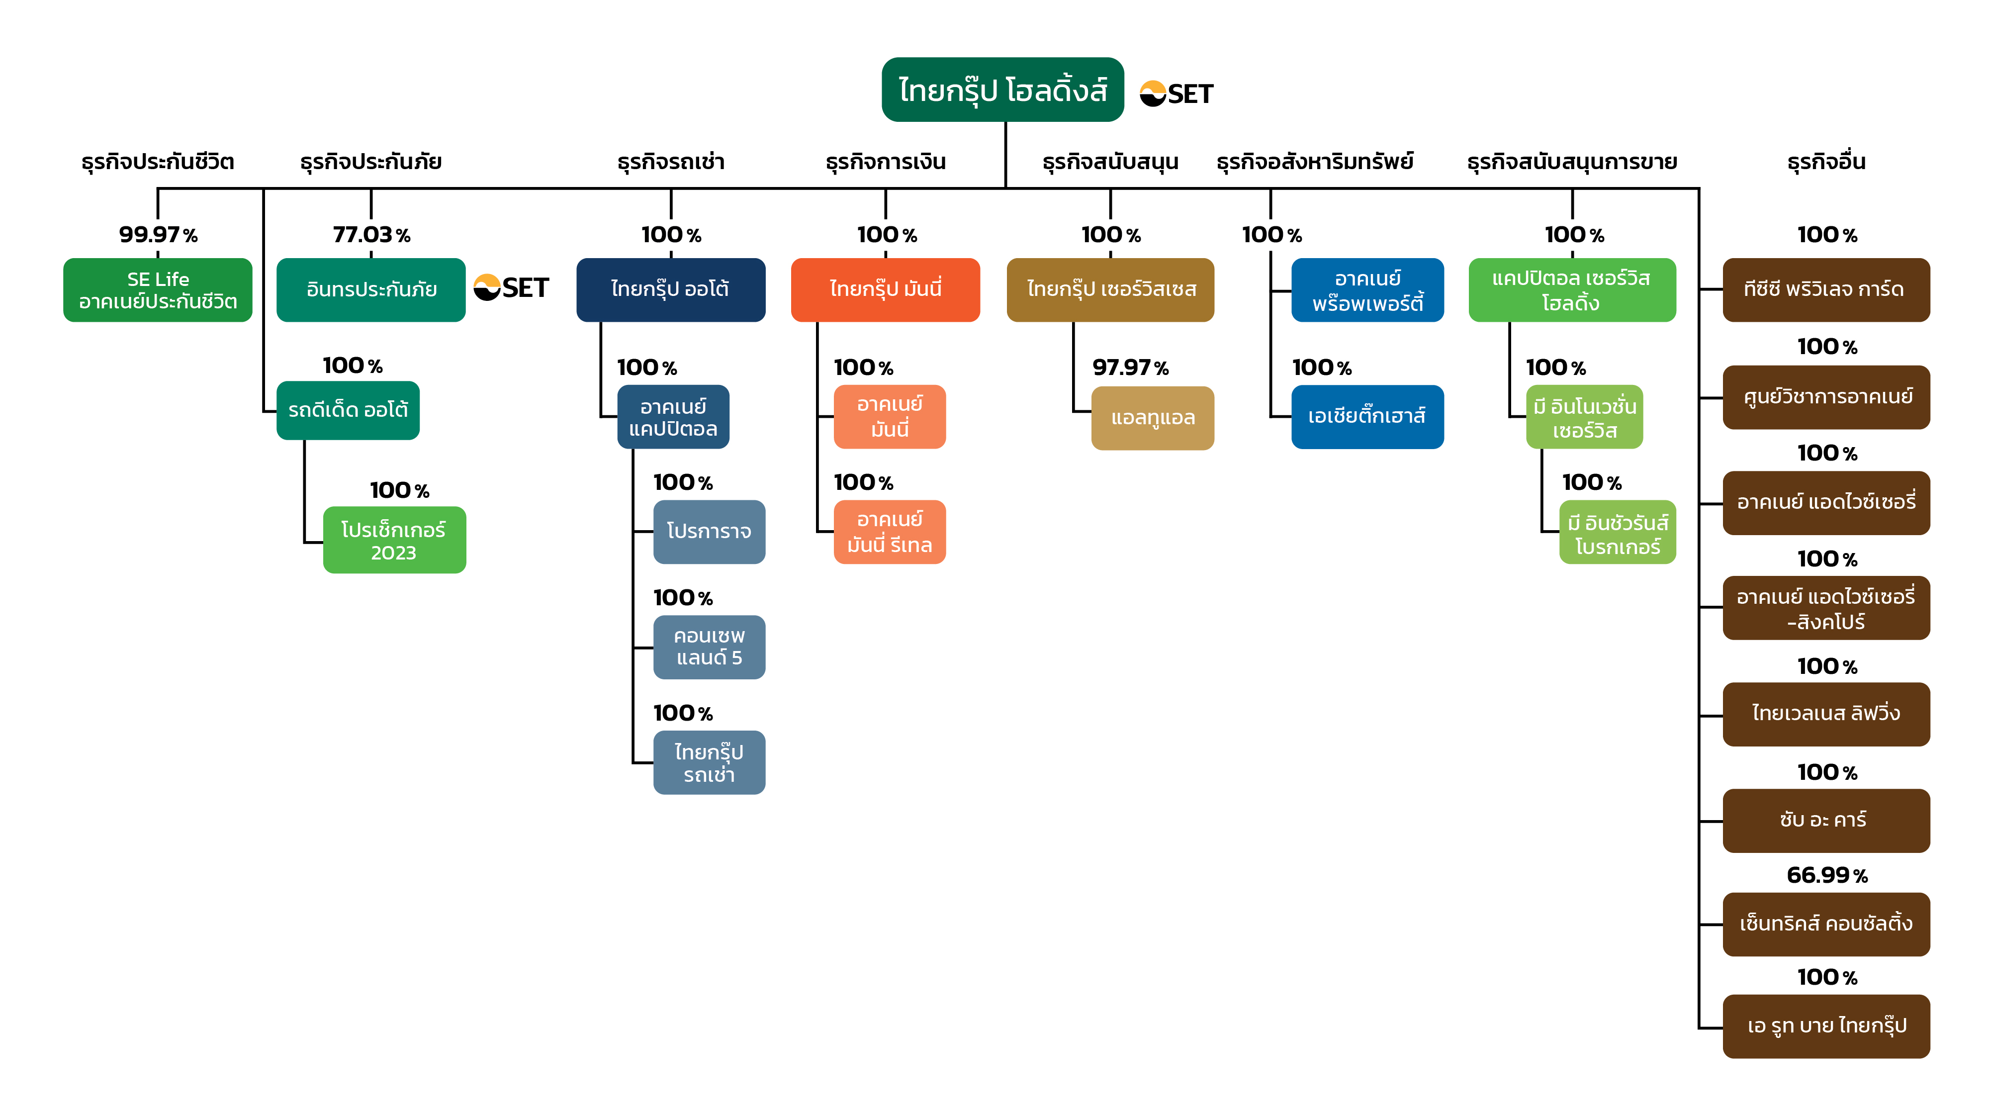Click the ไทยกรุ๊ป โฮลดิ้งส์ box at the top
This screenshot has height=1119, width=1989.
1002,90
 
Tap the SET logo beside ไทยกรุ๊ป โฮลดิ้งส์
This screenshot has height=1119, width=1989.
1176,93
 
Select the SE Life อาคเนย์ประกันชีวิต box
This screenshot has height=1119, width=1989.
158,289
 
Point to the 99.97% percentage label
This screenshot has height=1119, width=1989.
158,234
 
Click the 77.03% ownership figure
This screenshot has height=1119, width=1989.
371,234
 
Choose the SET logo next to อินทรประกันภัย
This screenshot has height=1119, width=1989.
510,287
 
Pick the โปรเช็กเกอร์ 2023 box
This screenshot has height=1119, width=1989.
394,540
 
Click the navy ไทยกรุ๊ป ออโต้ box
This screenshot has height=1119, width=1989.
671,289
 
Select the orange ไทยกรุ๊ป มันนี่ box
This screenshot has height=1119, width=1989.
886,289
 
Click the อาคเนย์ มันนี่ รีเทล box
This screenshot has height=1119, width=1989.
890,532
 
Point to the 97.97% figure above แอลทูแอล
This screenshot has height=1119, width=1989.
1130,368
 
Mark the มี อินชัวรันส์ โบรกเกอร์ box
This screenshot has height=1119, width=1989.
1618,532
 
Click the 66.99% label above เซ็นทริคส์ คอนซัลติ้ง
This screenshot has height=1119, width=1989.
1827,875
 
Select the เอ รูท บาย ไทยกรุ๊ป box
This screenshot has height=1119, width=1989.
1826,1026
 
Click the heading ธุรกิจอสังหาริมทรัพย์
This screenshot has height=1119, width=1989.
1315,162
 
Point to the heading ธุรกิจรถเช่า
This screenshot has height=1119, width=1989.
671,162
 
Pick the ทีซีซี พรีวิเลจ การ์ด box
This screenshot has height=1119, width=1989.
1826,289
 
